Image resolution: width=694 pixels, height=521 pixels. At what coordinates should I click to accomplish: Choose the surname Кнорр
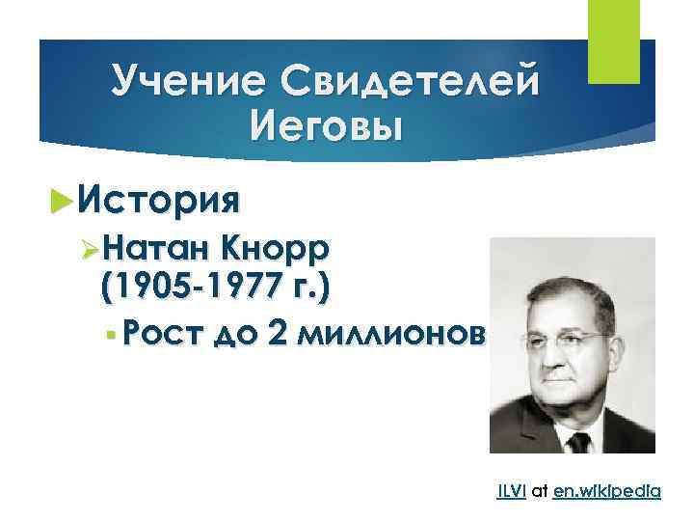coord(275,249)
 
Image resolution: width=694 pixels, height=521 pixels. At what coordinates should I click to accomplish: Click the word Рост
coord(158,335)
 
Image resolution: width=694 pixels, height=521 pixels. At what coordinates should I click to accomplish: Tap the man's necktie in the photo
coord(578,445)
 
